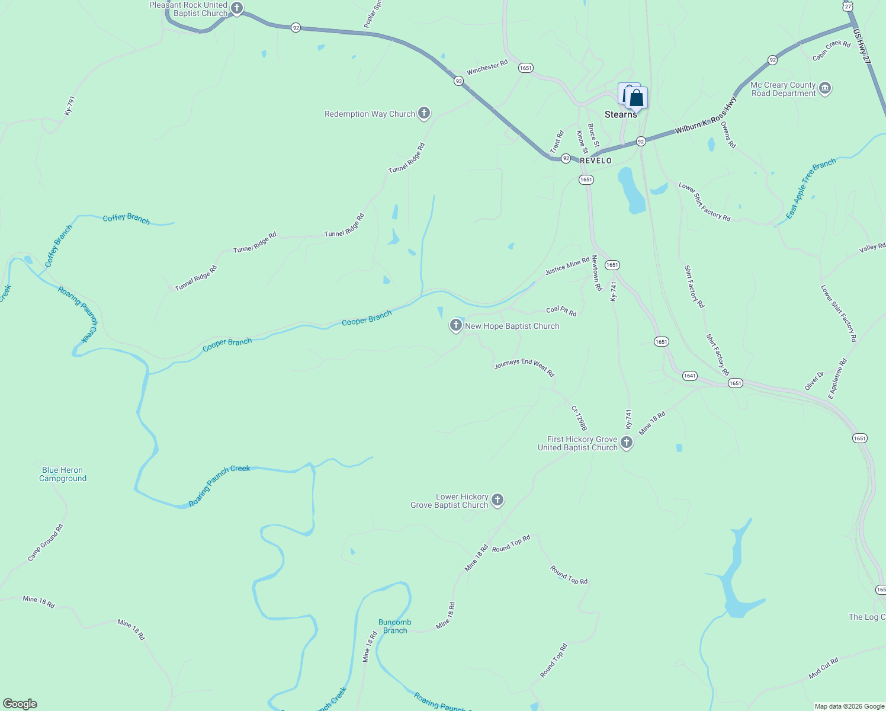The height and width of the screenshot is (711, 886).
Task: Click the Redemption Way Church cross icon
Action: [423, 113]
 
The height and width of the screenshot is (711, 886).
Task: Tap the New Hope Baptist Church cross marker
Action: [455, 325]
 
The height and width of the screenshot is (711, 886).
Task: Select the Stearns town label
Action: [621, 114]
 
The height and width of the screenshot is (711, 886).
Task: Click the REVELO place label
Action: [595, 161]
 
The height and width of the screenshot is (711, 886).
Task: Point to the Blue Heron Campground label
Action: [63, 474]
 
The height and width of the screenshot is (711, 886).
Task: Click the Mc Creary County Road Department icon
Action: [825, 89]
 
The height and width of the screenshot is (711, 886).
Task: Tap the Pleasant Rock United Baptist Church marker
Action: [237, 8]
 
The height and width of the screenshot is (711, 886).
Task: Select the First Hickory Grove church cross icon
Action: [627, 443]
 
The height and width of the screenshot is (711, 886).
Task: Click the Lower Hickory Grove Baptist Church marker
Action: [497, 500]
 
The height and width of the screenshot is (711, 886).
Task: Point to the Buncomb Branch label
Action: [395, 626]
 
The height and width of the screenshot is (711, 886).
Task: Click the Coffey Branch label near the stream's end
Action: [126, 219]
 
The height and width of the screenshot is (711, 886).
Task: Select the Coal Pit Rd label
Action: [561, 310]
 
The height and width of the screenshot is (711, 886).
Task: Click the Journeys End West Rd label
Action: [524, 368]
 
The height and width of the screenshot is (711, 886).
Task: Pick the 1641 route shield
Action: [689, 376]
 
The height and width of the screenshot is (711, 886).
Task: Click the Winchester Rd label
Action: [487, 68]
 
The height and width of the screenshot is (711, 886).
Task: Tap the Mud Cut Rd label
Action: [824, 668]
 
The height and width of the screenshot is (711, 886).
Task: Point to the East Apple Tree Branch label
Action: [811, 188]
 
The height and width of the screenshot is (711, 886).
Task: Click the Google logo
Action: [20, 704]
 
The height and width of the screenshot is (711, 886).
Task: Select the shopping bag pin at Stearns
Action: [637, 98]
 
